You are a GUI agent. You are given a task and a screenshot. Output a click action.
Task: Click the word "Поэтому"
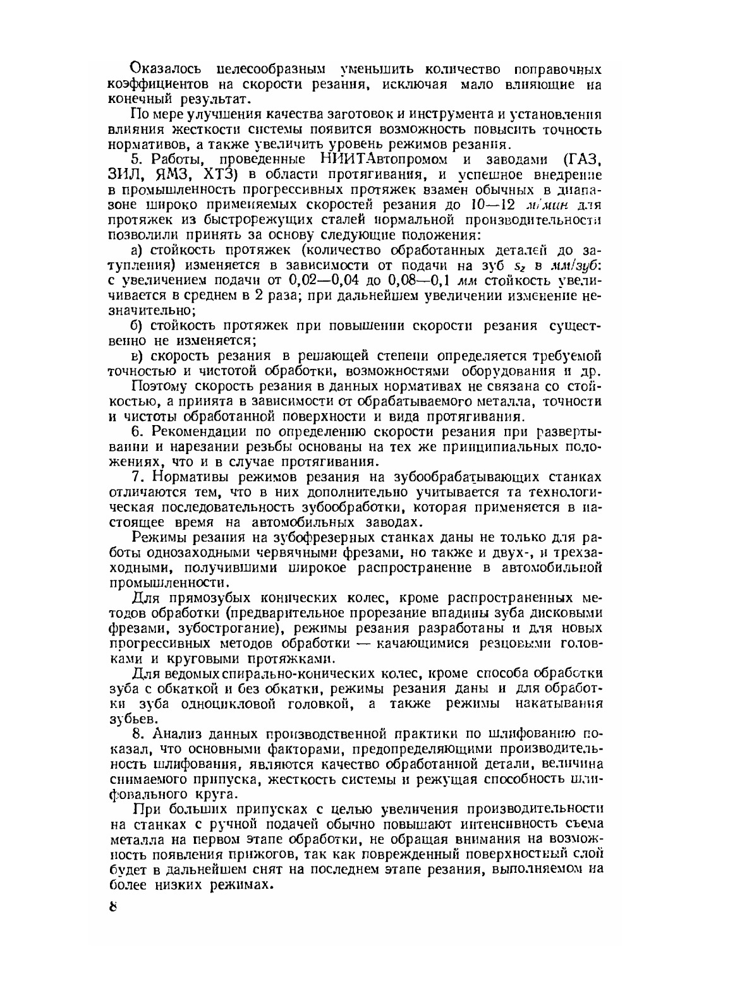pos(159,387)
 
